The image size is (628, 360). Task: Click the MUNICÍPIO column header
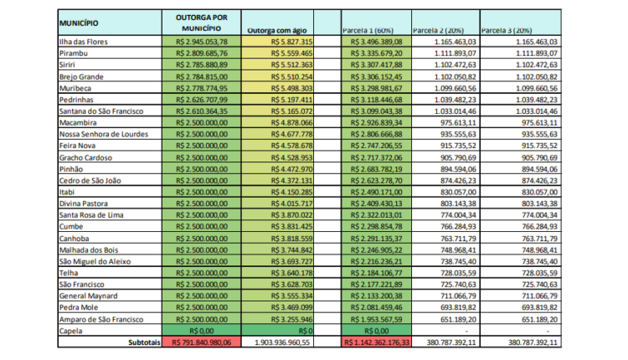(79, 23)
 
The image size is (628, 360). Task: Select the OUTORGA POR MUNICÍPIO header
(202, 23)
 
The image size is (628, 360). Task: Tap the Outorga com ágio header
(277, 30)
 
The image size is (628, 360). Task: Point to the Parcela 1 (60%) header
(368, 30)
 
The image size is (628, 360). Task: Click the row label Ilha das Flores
(83, 42)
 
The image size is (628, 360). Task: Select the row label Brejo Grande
(81, 77)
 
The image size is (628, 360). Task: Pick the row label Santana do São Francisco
(101, 111)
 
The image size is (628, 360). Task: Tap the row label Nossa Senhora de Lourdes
(104, 134)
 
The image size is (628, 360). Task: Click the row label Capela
(71, 332)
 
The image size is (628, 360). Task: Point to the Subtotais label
(144, 342)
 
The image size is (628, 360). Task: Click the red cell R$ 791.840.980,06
(202, 342)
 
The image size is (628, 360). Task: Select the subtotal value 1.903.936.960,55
(282, 342)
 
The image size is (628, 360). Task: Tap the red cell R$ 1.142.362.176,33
(377, 342)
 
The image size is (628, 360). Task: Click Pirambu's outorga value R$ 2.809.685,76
(202, 54)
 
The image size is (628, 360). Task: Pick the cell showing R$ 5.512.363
(291, 64)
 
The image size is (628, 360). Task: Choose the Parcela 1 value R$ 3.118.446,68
(377, 100)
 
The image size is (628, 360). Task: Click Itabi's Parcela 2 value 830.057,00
(458, 193)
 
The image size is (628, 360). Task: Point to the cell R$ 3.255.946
(291, 320)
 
